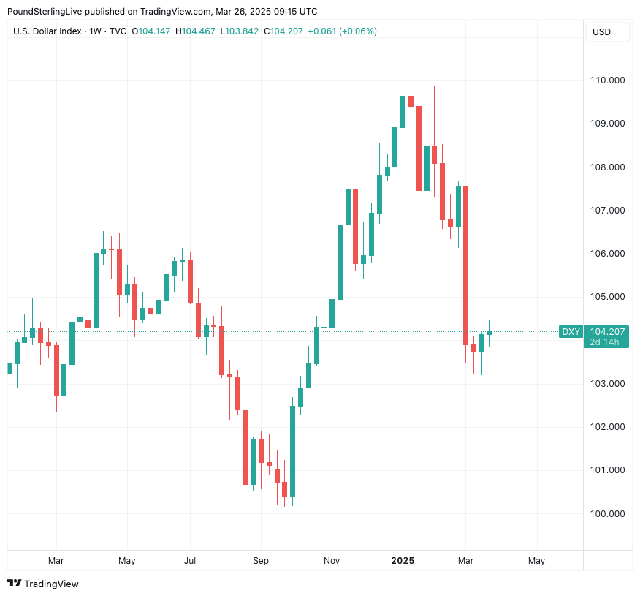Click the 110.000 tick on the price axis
[x=609, y=80]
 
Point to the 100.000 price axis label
[x=609, y=513]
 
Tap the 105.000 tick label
[x=609, y=297]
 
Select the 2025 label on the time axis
[x=403, y=561]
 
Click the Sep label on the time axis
[x=261, y=561]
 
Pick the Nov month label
[x=332, y=561]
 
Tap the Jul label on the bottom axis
[x=190, y=561]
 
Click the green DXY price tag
[x=571, y=332]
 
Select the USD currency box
[x=601, y=32]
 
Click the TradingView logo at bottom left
[x=43, y=584]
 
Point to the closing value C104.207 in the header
[x=283, y=31]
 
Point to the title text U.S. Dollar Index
[x=47, y=31]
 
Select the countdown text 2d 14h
[x=605, y=342]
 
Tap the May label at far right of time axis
[x=536, y=561]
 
